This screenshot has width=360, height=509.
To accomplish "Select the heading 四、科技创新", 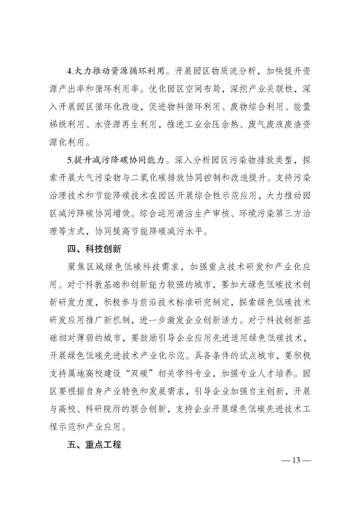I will click(94, 249).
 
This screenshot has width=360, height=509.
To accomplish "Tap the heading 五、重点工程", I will click(94, 445).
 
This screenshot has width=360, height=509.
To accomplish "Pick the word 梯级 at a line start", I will click(58, 125).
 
